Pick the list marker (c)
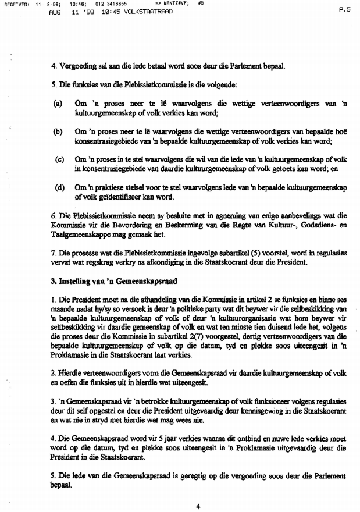click(59, 159)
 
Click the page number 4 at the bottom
click(198, 506)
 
